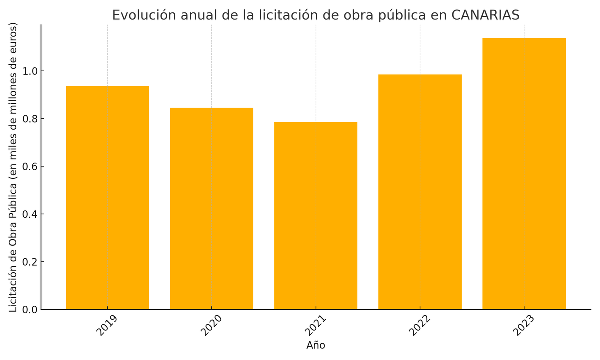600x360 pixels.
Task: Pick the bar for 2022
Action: tap(420, 192)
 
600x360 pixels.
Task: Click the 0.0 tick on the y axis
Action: tap(30, 310)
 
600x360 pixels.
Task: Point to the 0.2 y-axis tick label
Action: tap(30, 262)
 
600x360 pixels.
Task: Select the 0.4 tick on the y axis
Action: tap(30, 214)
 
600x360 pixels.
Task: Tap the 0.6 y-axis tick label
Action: tap(30, 167)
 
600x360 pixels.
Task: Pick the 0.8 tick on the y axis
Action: tap(30, 119)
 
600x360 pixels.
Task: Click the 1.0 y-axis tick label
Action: tap(30, 71)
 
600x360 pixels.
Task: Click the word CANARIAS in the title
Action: tap(485, 15)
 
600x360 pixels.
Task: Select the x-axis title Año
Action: tap(316, 346)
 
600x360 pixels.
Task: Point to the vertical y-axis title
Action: tap(13, 167)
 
